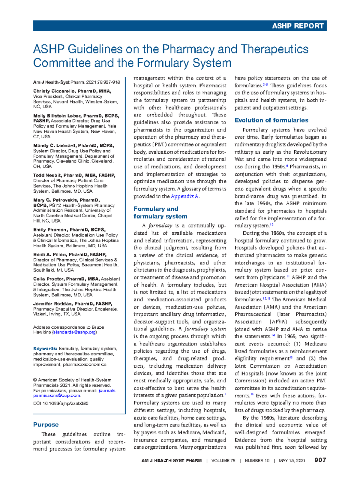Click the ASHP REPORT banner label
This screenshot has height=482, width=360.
click(298, 26)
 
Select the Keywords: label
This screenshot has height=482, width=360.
click(45, 348)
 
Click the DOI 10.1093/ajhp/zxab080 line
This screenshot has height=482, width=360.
click(61, 403)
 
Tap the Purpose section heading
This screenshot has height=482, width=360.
click(46, 424)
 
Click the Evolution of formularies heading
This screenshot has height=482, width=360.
click(271, 120)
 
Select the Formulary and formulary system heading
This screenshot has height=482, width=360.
click(160, 212)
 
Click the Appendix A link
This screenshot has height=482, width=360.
click(184, 196)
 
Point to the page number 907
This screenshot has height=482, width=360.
click(320, 460)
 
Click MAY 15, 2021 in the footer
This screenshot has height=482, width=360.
click(292, 460)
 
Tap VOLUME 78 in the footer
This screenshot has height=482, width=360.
click(223, 460)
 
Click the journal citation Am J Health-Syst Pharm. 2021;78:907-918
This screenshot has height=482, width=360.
click(76, 82)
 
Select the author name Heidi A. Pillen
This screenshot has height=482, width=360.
click(50, 255)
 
